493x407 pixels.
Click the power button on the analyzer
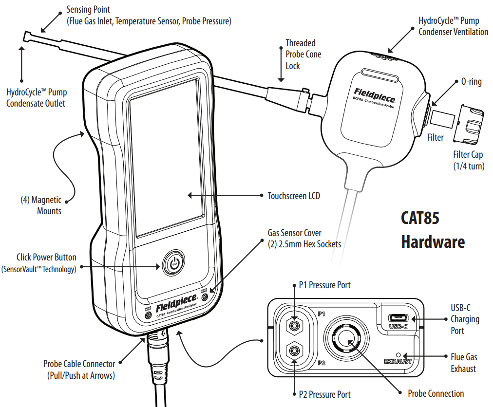[174, 264]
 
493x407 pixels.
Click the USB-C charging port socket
[398, 318]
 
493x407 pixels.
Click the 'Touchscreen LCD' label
[293, 196]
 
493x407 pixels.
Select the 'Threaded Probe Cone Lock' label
[303, 54]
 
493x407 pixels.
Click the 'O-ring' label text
[471, 82]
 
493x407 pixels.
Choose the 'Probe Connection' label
[436, 393]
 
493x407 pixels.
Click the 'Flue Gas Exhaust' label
[463, 363]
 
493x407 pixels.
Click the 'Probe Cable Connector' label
[79, 369]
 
